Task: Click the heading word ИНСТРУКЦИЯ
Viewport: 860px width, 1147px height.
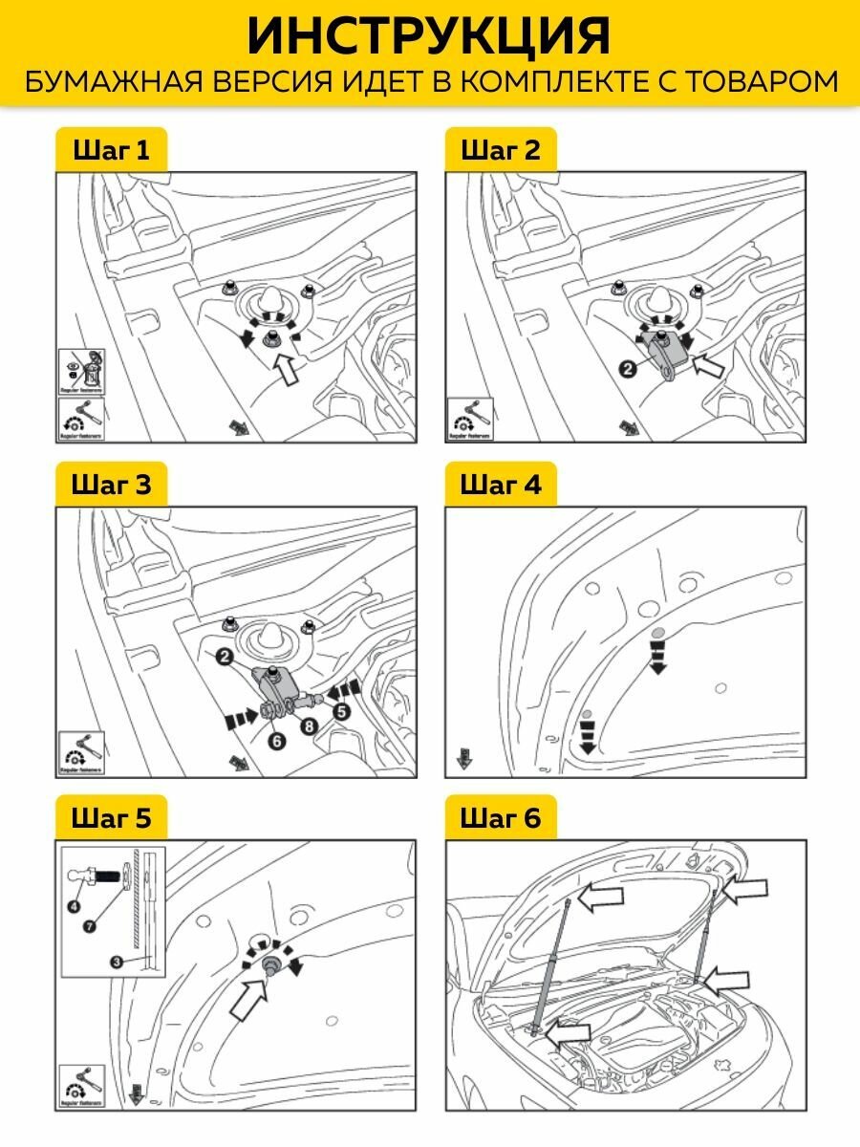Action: point(429,36)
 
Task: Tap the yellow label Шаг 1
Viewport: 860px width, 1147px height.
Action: point(112,150)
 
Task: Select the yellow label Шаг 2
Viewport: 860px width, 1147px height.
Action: point(500,150)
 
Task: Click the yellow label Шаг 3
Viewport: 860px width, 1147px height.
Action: point(112,485)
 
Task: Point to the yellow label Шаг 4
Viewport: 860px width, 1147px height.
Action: point(500,485)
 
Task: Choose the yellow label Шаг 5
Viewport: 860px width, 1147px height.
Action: point(112,818)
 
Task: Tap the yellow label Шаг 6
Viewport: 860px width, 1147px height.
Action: point(500,818)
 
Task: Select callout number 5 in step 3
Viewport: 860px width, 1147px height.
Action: point(341,710)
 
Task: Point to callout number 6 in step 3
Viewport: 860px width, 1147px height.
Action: point(277,739)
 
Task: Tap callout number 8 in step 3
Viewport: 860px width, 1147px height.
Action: point(309,726)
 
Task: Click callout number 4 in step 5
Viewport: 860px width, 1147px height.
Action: point(74,906)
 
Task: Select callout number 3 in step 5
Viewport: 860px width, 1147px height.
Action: point(115,962)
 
